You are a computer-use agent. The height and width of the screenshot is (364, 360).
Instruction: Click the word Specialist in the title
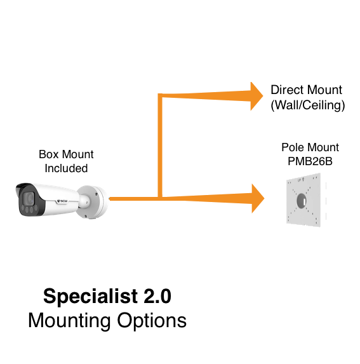tap(91, 297)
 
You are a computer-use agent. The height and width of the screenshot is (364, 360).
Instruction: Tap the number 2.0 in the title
tap(157, 296)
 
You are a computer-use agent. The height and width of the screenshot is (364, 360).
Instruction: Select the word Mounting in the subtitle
tap(69, 321)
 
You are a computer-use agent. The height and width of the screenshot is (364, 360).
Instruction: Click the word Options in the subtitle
tap(152, 321)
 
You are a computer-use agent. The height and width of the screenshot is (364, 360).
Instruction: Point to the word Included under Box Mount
tap(66, 168)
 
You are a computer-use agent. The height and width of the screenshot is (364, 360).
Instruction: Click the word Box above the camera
tap(48, 154)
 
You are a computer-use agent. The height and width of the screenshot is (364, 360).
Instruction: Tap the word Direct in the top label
tap(286, 90)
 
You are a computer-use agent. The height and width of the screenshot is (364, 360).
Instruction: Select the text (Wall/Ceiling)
tap(308, 105)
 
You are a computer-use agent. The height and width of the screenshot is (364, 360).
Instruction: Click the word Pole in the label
tap(291, 147)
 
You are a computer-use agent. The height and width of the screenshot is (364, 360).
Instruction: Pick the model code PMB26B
tap(310, 161)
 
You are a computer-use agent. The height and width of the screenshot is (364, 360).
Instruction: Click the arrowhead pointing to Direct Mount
tap(257, 96)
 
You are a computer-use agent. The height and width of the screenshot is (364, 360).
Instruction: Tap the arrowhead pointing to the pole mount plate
tap(258, 198)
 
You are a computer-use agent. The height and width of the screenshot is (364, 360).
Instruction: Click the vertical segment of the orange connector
tap(160, 145)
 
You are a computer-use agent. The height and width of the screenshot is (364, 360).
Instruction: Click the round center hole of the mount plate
tap(302, 201)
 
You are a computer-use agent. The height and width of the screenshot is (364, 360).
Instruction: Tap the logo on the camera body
tap(62, 201)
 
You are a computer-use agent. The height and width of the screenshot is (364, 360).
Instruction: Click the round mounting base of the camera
tap(93, 202)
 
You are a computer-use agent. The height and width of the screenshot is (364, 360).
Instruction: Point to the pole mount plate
tap(303, 200)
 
